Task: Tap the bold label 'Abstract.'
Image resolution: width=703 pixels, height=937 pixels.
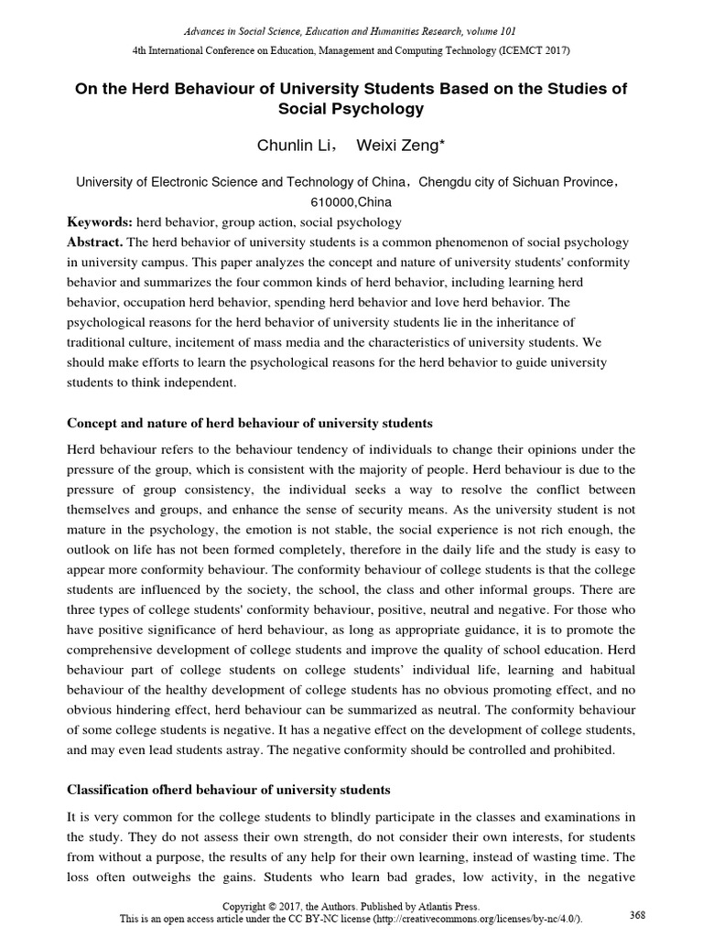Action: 95,242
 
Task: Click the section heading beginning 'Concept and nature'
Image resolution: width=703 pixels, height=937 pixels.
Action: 249,424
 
